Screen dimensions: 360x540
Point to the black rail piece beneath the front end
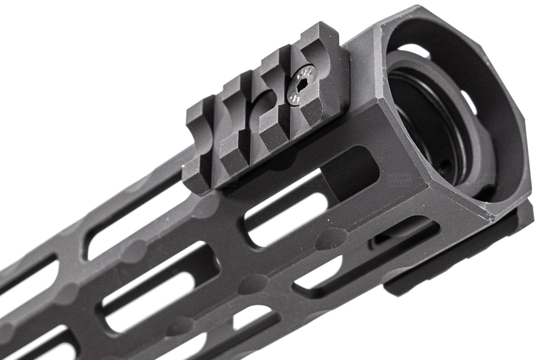(456, 262)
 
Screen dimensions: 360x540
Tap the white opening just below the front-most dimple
(321, 270)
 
